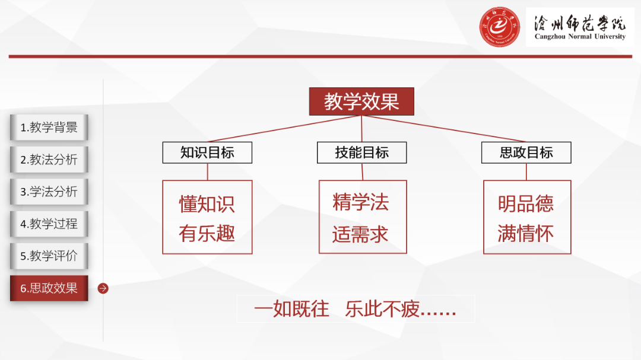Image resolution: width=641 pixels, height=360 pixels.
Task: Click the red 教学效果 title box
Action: click(361, 101)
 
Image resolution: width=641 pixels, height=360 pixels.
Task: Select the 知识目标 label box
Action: click(207, 152)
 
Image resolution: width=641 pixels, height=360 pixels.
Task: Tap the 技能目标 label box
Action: click(361, 152)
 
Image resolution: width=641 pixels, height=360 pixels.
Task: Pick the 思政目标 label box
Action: click(526, 152)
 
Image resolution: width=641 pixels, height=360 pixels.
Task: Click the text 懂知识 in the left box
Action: click(207, 203)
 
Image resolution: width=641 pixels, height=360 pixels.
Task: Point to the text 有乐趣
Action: click(207, 233)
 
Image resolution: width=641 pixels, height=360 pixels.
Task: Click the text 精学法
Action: click(361, 202)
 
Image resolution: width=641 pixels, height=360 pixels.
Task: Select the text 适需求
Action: click(361, 234)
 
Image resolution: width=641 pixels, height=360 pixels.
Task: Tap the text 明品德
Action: click(526, 203)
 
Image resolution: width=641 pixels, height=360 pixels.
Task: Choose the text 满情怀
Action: click(526, 233)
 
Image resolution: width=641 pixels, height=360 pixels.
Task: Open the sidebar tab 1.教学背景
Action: click(49, 128)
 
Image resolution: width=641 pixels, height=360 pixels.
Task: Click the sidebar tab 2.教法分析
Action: click(49, 160)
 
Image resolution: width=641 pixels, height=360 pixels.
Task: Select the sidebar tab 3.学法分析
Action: click(49, 192)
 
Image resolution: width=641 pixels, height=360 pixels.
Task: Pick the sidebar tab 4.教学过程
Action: click(49, 224)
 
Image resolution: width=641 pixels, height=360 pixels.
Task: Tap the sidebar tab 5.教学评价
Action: click(49, 256)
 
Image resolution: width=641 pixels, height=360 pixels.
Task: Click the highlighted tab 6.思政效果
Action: click(49, 288)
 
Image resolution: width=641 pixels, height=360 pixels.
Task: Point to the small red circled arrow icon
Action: click(103, 288)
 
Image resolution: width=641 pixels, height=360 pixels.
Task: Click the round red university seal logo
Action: click(500, 27)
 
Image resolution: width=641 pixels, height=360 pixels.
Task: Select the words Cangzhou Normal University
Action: click(580, 37)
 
